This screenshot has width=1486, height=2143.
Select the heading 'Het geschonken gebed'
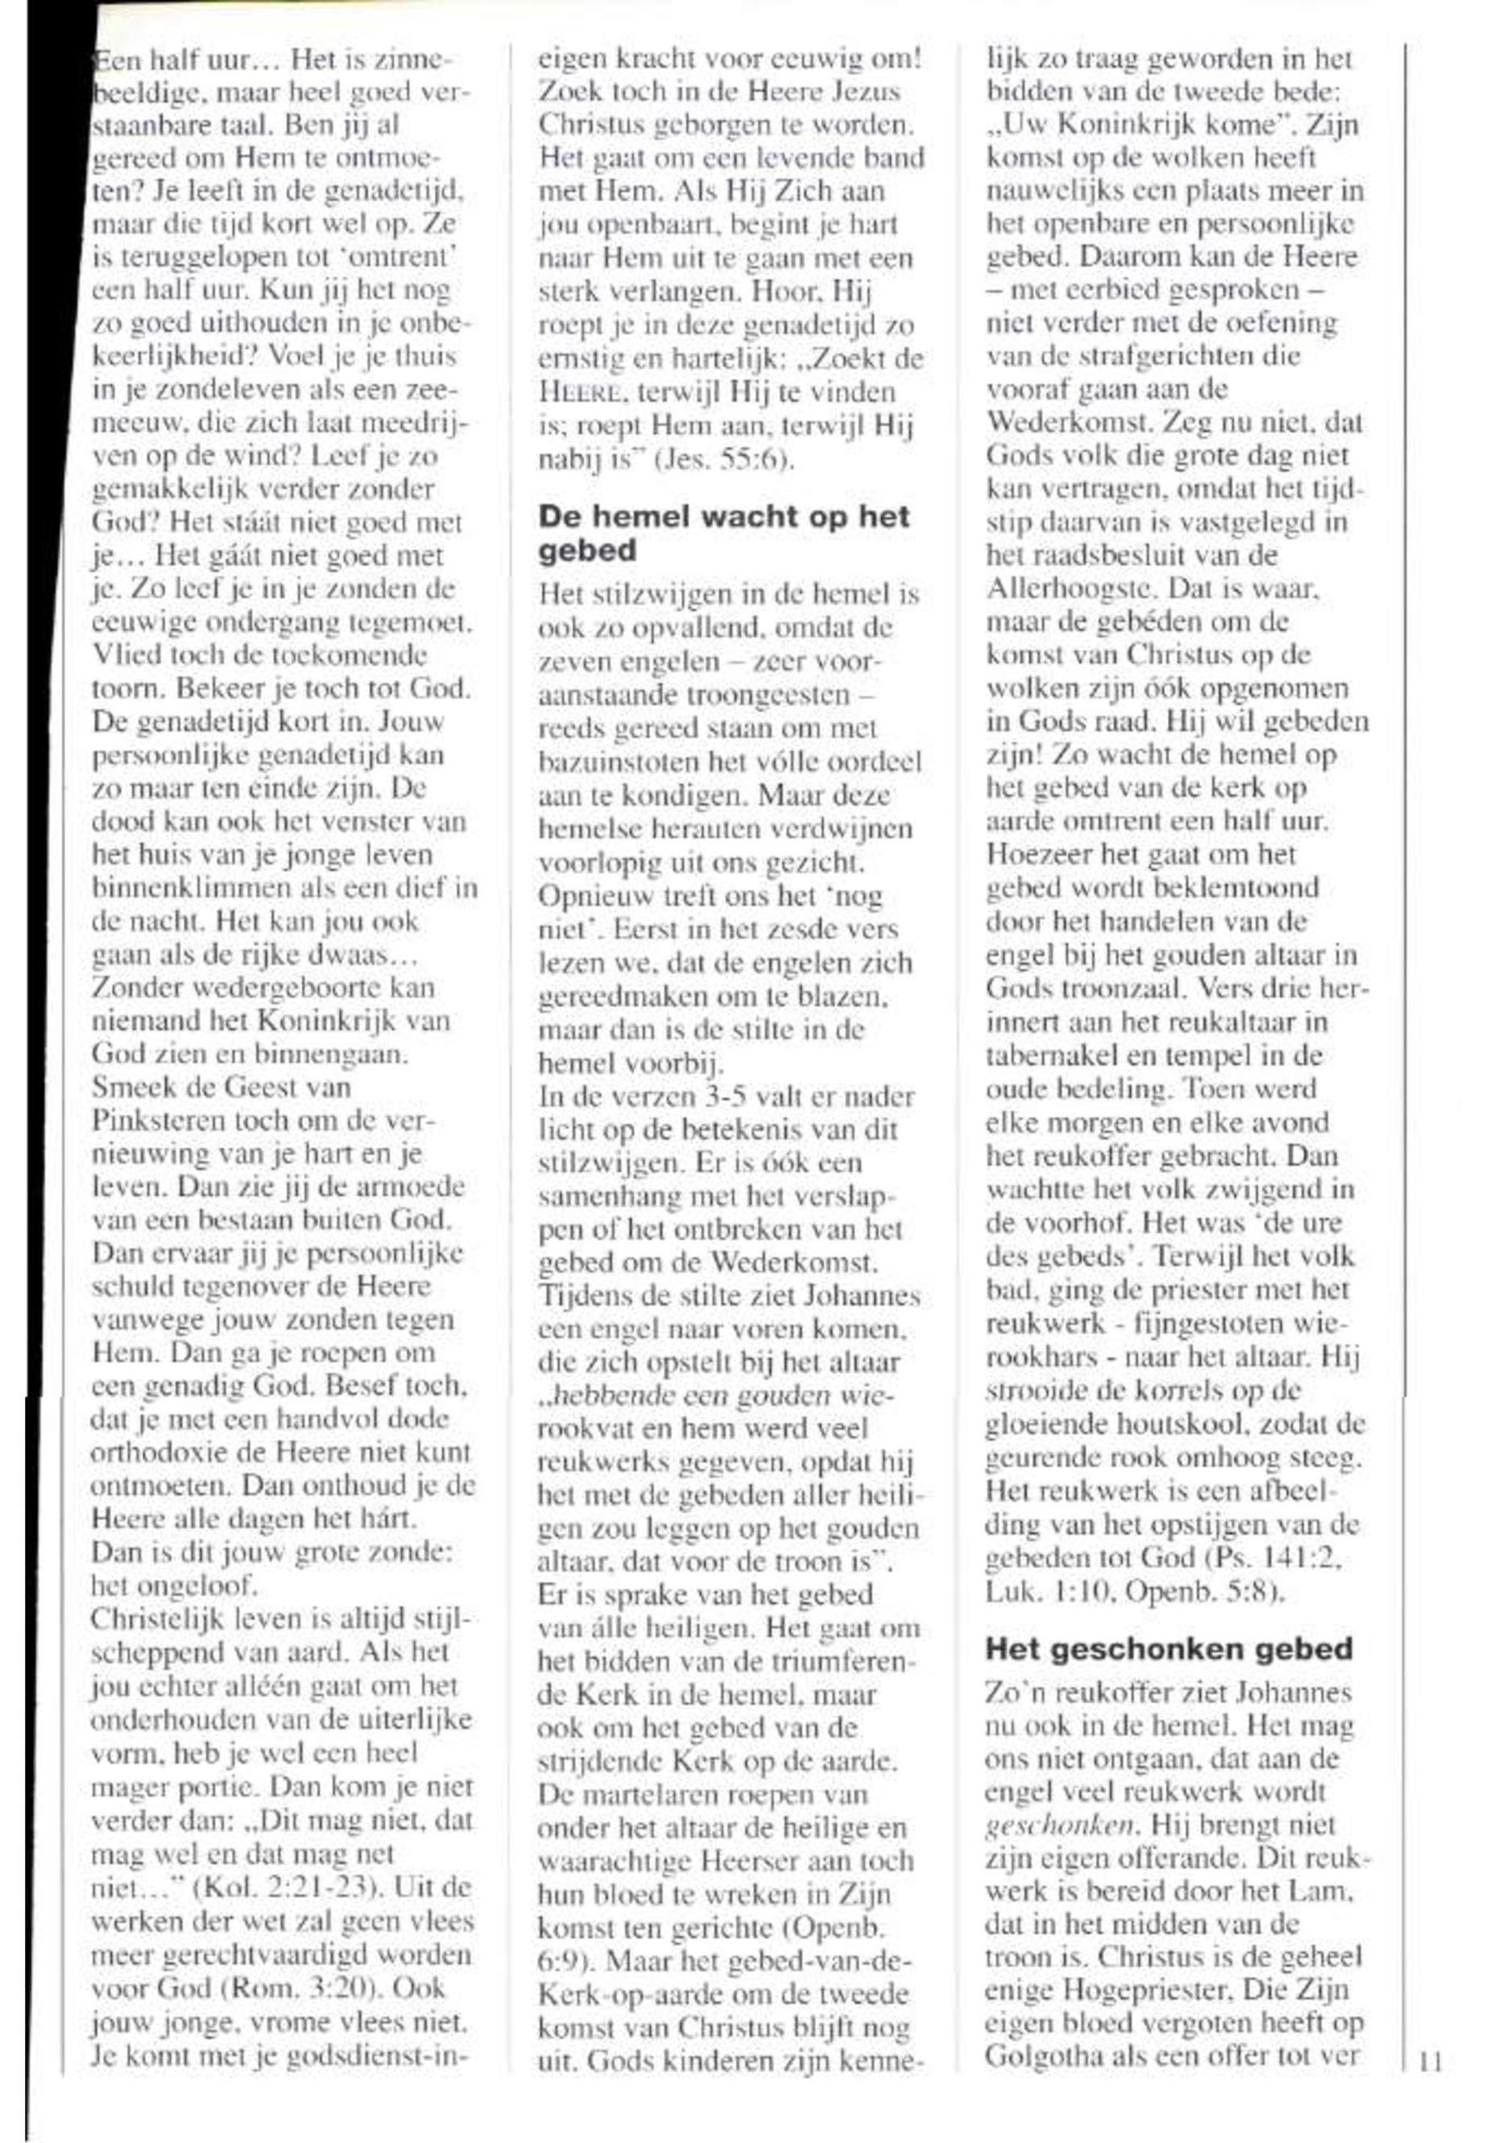pos(1169,1648)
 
